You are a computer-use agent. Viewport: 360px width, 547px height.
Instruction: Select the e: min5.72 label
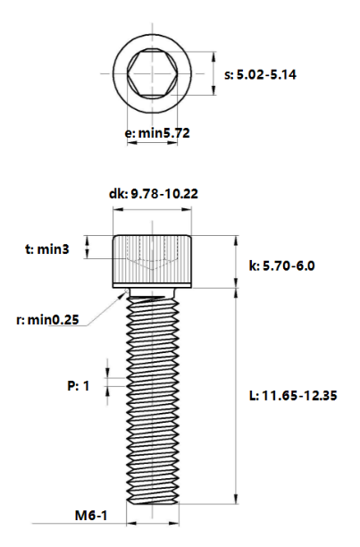click(x=156, y=132)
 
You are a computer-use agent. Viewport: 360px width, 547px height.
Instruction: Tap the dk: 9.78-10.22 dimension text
click(x=153, y=193)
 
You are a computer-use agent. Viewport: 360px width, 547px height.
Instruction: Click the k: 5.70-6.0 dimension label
click(x=282, y=265)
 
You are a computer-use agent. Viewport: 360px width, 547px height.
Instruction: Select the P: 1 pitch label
click(x=80, y=385)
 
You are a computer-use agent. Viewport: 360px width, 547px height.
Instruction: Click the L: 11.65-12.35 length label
click(x=293, y=394)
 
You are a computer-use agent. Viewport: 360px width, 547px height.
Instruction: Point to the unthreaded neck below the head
click(x=152, y=292)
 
